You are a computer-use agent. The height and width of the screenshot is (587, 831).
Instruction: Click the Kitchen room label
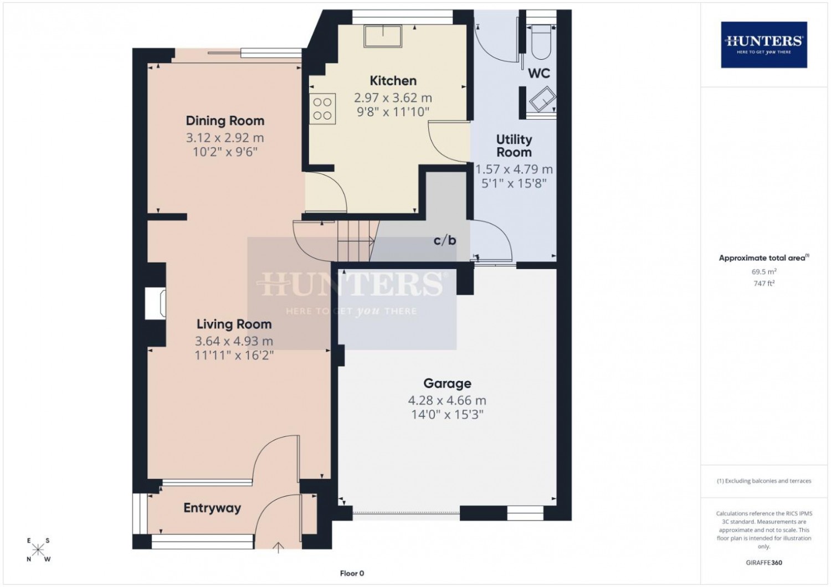[393, 81]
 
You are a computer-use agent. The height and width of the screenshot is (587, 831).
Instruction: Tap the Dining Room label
[225, 121]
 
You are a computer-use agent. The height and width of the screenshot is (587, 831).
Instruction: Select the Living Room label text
[234, 324]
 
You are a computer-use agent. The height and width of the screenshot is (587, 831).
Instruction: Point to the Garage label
[447, 383]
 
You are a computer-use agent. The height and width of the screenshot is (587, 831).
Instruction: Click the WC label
[538, 74]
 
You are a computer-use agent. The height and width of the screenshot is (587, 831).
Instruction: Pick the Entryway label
[212, 508]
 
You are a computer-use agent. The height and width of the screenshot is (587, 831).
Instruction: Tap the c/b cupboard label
[445, 241]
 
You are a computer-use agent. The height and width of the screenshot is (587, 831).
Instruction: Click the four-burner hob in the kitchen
[322, 109]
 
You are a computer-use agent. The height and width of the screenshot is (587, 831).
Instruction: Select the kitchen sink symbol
[383, 36]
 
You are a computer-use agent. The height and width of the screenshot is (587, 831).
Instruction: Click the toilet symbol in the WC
[541, 42]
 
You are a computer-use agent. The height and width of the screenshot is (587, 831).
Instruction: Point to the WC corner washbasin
[542, 99]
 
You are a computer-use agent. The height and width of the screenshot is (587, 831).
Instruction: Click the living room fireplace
[155, 303]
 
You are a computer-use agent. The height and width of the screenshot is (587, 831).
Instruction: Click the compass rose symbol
[38, 549]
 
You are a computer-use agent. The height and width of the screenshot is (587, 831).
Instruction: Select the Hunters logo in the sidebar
[764, 45]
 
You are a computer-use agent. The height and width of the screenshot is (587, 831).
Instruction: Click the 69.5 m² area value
[764, 272]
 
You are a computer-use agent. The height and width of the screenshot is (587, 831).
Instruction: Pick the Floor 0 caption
[352, 573]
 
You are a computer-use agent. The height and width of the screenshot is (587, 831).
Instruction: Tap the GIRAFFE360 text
[764, 563]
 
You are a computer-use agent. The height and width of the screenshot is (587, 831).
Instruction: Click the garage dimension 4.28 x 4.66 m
[447, 400]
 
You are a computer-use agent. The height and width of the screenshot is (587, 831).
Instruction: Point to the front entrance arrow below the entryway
[278, 548]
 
